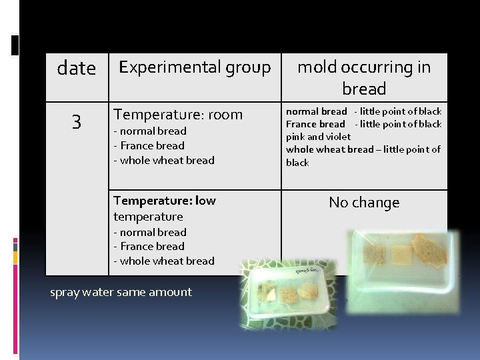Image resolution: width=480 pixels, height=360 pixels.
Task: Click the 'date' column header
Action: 77,68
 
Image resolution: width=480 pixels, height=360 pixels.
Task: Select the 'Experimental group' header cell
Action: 194,67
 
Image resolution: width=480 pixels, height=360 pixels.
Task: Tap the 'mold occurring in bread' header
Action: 364,77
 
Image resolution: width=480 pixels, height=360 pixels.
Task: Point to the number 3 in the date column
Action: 77,122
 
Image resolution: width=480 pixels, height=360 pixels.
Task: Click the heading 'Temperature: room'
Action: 178,115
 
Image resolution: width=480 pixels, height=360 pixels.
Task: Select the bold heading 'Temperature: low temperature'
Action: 164,208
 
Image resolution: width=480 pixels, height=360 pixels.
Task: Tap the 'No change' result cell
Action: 364,203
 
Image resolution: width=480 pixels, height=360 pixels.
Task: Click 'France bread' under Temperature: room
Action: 151,145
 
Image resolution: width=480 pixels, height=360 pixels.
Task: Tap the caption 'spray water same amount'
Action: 121,292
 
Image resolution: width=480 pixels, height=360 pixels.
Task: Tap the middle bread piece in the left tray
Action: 287,293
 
